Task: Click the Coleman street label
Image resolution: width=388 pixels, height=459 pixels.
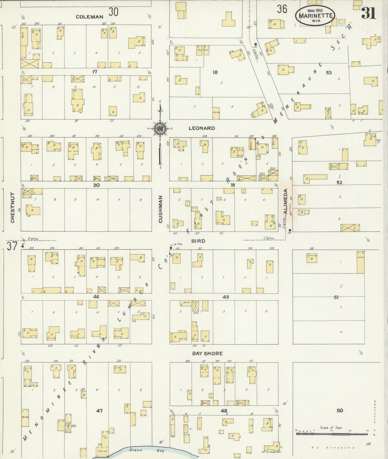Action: [x=89, y=17]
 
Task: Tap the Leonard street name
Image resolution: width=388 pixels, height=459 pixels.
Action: [x=202, y=128]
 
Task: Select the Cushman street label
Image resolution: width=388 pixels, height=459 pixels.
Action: [x=161, y=209]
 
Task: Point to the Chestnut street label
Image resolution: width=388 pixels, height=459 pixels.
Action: [x=12, y=208]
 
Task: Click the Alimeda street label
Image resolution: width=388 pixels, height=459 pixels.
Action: [x=286, y=201]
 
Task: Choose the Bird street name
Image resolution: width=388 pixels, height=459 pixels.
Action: [x=198, y=241]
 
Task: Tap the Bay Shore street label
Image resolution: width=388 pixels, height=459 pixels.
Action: [x=207, y=353]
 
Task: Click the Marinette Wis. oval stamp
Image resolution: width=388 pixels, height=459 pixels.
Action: [x=315, y=15]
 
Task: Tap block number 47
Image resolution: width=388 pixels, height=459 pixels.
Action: [x=99, y=410]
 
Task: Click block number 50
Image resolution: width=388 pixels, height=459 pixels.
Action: [x=340, y=410]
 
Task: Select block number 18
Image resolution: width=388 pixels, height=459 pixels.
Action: [x=215, y=72]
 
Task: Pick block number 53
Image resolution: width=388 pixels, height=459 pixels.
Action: [x=329, y=73]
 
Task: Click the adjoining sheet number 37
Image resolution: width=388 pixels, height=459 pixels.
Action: [x=12, y=246]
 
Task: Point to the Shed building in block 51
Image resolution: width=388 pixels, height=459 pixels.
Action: [x=360, y=262]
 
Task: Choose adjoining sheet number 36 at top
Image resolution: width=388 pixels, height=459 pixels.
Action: [x=282, y=9]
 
